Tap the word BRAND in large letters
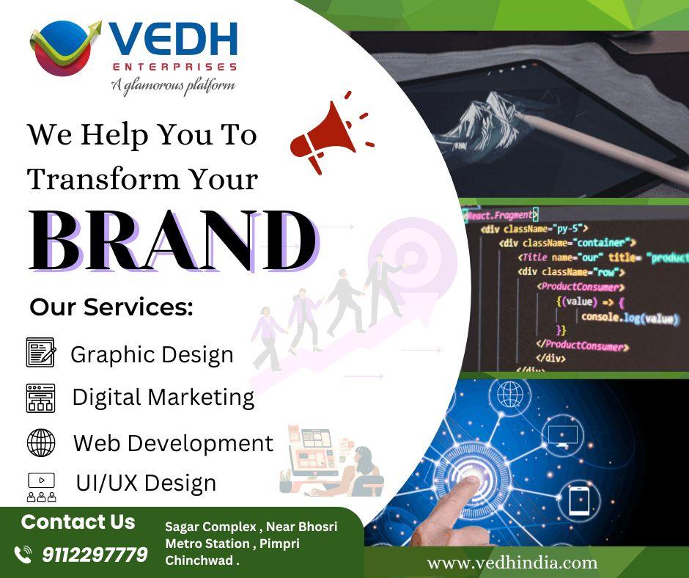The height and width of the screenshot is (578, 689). [172, 241]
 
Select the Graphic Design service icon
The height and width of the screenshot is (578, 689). [40, 353]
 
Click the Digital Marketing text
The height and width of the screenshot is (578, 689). [163, 398]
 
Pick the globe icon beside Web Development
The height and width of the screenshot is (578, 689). [40, 443]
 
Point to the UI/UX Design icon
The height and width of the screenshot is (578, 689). [41, 487]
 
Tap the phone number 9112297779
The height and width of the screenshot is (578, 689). [95, 554]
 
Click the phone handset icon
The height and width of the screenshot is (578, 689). [23, 554]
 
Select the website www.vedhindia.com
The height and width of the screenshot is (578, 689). [512, 563]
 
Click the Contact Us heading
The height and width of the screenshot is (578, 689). [78, 522]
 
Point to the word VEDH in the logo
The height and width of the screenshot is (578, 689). [173, 42]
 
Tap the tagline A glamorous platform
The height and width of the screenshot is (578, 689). [173, 86]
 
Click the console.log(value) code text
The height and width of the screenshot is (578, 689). [630, 318]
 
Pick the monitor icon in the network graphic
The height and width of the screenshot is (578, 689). [562, 436]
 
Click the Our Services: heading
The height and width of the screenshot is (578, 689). [111, 308]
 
